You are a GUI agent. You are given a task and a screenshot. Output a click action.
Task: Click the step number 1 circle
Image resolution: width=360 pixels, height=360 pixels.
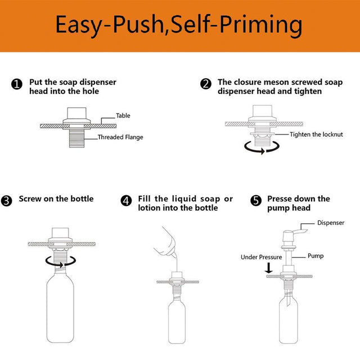pyautogui.click(x=17, y=84)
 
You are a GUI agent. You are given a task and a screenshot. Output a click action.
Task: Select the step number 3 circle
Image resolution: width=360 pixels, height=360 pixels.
pyautogui.click(x=7, y=201)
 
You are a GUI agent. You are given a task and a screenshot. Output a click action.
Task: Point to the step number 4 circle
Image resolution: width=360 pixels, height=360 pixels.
pyautogui.click(x=127, y=201)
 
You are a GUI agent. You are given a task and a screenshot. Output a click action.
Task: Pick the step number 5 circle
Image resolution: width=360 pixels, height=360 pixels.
pyautogui.click(x=256, y=201)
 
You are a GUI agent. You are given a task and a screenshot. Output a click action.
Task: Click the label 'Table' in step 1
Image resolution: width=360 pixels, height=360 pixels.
pyautogui.click(x=123, y=116)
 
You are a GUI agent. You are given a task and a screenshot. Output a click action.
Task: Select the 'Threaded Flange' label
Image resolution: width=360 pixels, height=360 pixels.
pyautogui.click(x=120, y=137)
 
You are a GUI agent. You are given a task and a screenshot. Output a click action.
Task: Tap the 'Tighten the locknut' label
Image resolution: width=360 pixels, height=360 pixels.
pyautogui.click(x=316, y=134)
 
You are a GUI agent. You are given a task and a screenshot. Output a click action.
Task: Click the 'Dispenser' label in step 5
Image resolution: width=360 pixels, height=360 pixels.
pyautogui.click(x=331, y=223)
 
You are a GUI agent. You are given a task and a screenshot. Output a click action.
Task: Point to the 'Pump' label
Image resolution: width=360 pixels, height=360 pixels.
pyautogui.click(x=315, y=256)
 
